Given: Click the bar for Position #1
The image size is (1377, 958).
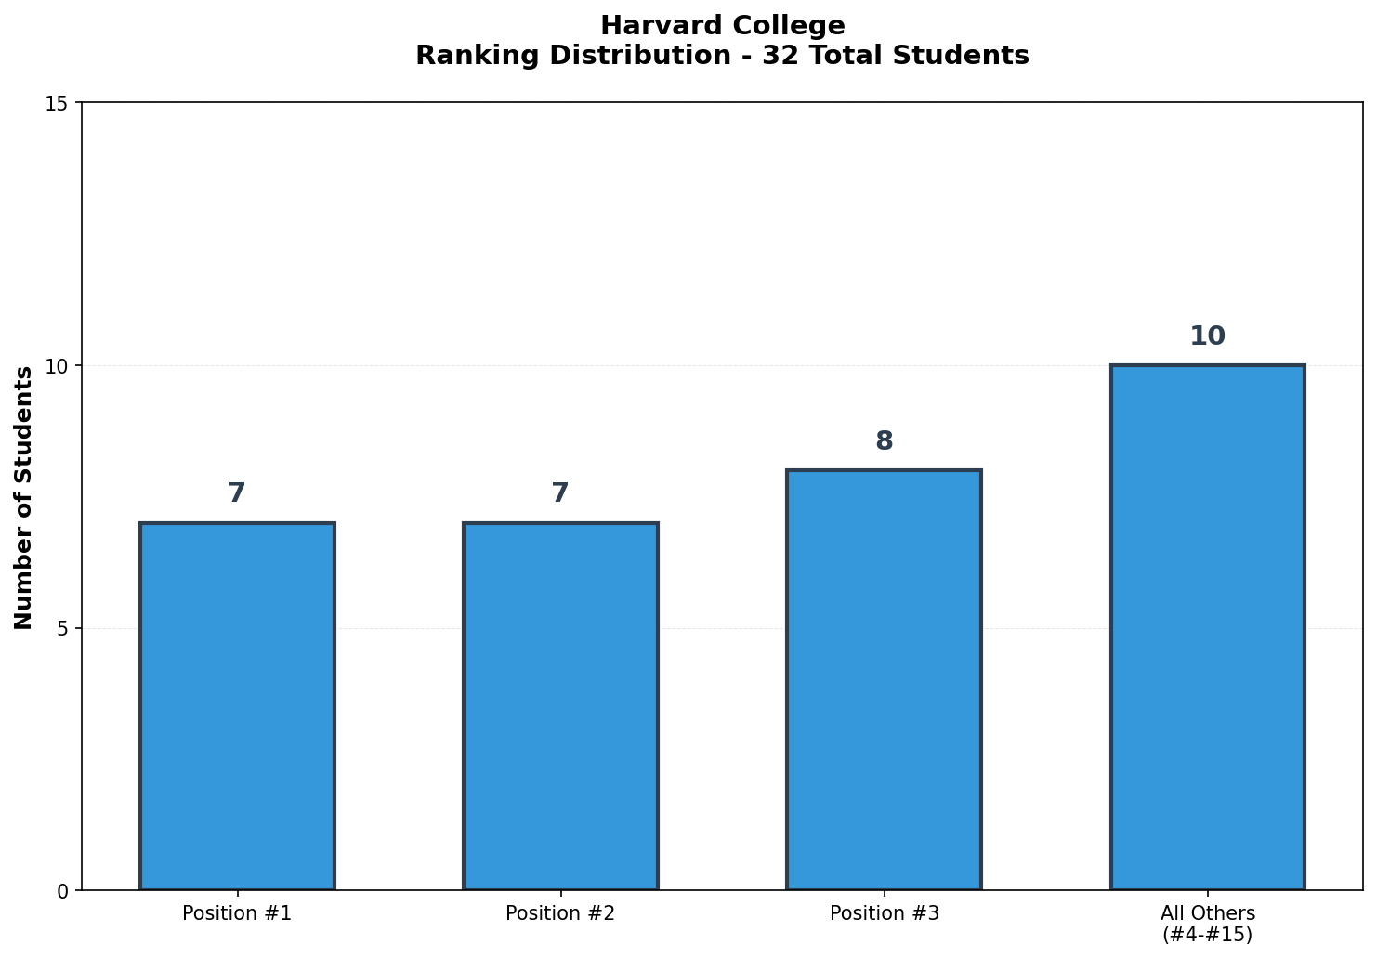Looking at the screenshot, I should point(237,706).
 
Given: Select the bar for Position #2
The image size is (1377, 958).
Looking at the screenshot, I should point(560,706).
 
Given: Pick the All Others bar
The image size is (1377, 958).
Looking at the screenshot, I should point(1207,627).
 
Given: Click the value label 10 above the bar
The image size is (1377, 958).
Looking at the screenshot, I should point(1207,336).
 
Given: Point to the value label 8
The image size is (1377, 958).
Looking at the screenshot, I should point(884,441).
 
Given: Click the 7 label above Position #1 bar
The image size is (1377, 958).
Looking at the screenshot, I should point(237,493).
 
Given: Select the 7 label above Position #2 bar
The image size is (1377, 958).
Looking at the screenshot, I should point(560,493).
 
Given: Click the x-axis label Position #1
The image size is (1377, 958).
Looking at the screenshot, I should point(237,913).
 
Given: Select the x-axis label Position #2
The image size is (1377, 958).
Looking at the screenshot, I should point(560,913).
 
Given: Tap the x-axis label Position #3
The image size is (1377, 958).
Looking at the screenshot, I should point(884,913).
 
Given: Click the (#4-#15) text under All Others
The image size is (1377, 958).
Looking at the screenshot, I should point(1207,935).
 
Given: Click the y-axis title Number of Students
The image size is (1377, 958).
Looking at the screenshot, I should point(24,497).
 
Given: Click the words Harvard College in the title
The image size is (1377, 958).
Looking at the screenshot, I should point(722,26).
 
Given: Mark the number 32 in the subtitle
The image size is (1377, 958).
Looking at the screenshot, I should point(777,56).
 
